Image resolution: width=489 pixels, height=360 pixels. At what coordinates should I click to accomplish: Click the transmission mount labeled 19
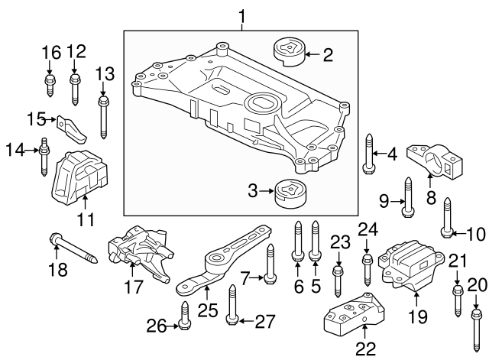pyautogui.click(x=410, y=267)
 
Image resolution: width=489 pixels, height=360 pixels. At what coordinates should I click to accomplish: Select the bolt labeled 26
pyautogui.click(x=184, y=314)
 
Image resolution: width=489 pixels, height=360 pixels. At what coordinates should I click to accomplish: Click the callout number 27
pyautogui.click(x=264, y=322)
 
